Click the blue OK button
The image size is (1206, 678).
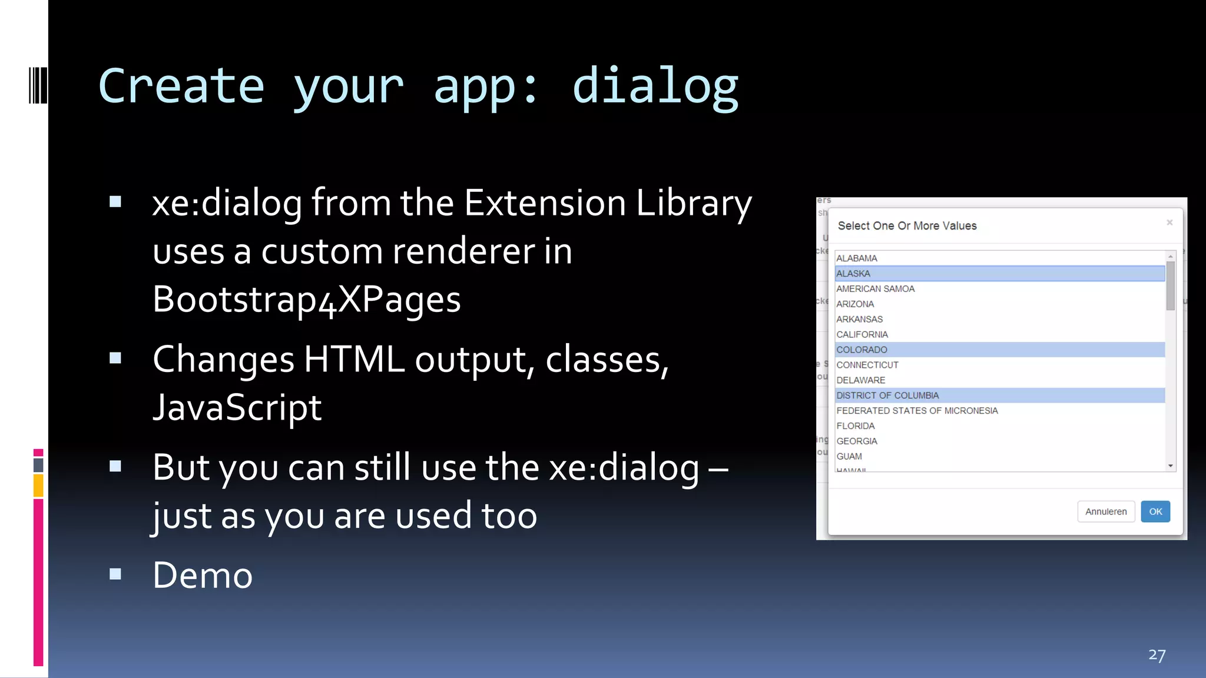pyautogui.click(x=1155, y=511)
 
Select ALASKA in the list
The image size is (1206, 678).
pyautogui.click(x=853, y=274)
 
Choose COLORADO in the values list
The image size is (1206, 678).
pyautogui.click(x=862, y=350)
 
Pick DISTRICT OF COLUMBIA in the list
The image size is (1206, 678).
pyautogui.click(x=887, y=395)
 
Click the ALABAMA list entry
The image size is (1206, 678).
pyautogui.click(x=856, y=258)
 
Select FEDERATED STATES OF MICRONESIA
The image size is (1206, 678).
pyautogui.click(x=916, y=411)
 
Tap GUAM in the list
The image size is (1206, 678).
pyautogui.click(x=849, y=456)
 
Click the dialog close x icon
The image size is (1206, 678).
pyautogui.click(x=1169, y=222)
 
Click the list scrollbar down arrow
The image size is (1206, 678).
pyautogui.click(x=1170, y=466)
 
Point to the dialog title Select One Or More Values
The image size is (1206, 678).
pyautogui.click(x=907, y=226)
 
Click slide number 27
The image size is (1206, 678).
pyautogui.click(x=1157, y=655)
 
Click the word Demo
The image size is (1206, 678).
pyautogui.click(x=203, y=575)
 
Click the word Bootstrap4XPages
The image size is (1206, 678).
pyautogui.click(x=306, y=300)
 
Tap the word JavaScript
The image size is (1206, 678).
pyautogui.click(x=237, y=407)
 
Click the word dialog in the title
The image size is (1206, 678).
pyautogui.click(x=655, y=87)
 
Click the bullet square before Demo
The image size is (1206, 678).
pyautogui.click(x=115, y=574)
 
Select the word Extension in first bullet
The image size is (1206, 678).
pyautogui.click(x=545, y=203)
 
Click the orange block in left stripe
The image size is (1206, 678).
pyautogui.click(x=38, y=486)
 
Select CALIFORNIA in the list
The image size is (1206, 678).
pyautogui.click(x=862, y=334)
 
